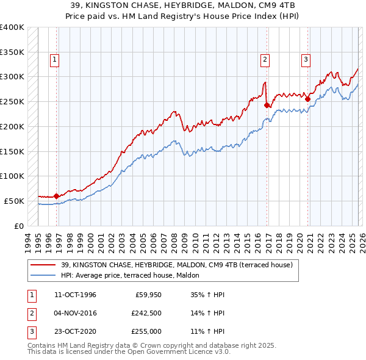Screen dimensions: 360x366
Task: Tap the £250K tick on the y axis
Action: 12,101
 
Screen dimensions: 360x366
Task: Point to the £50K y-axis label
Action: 14,201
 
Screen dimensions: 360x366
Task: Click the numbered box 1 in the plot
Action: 55,60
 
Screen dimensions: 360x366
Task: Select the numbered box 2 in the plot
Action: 265,60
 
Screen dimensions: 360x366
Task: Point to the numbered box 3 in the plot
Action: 306,60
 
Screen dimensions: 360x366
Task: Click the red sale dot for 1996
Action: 57,196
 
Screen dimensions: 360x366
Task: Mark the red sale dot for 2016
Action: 267,105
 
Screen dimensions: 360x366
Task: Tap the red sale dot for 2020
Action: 308,99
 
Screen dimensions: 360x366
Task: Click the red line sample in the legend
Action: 44,265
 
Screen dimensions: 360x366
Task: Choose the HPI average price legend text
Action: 135,275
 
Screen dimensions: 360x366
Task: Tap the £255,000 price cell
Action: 146,333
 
